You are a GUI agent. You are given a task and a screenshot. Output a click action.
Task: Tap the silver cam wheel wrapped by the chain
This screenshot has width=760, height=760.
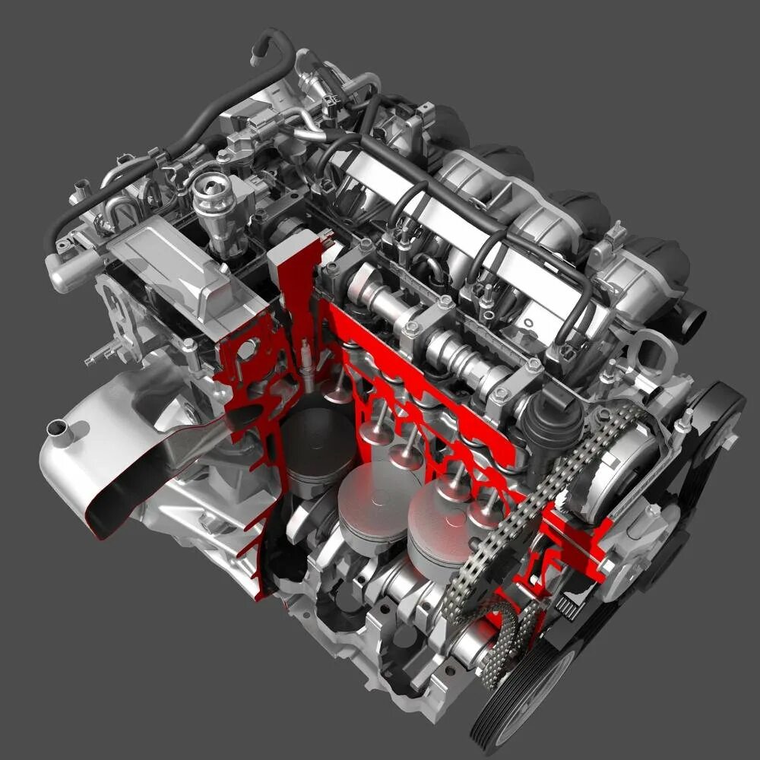(x=608, y=456)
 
